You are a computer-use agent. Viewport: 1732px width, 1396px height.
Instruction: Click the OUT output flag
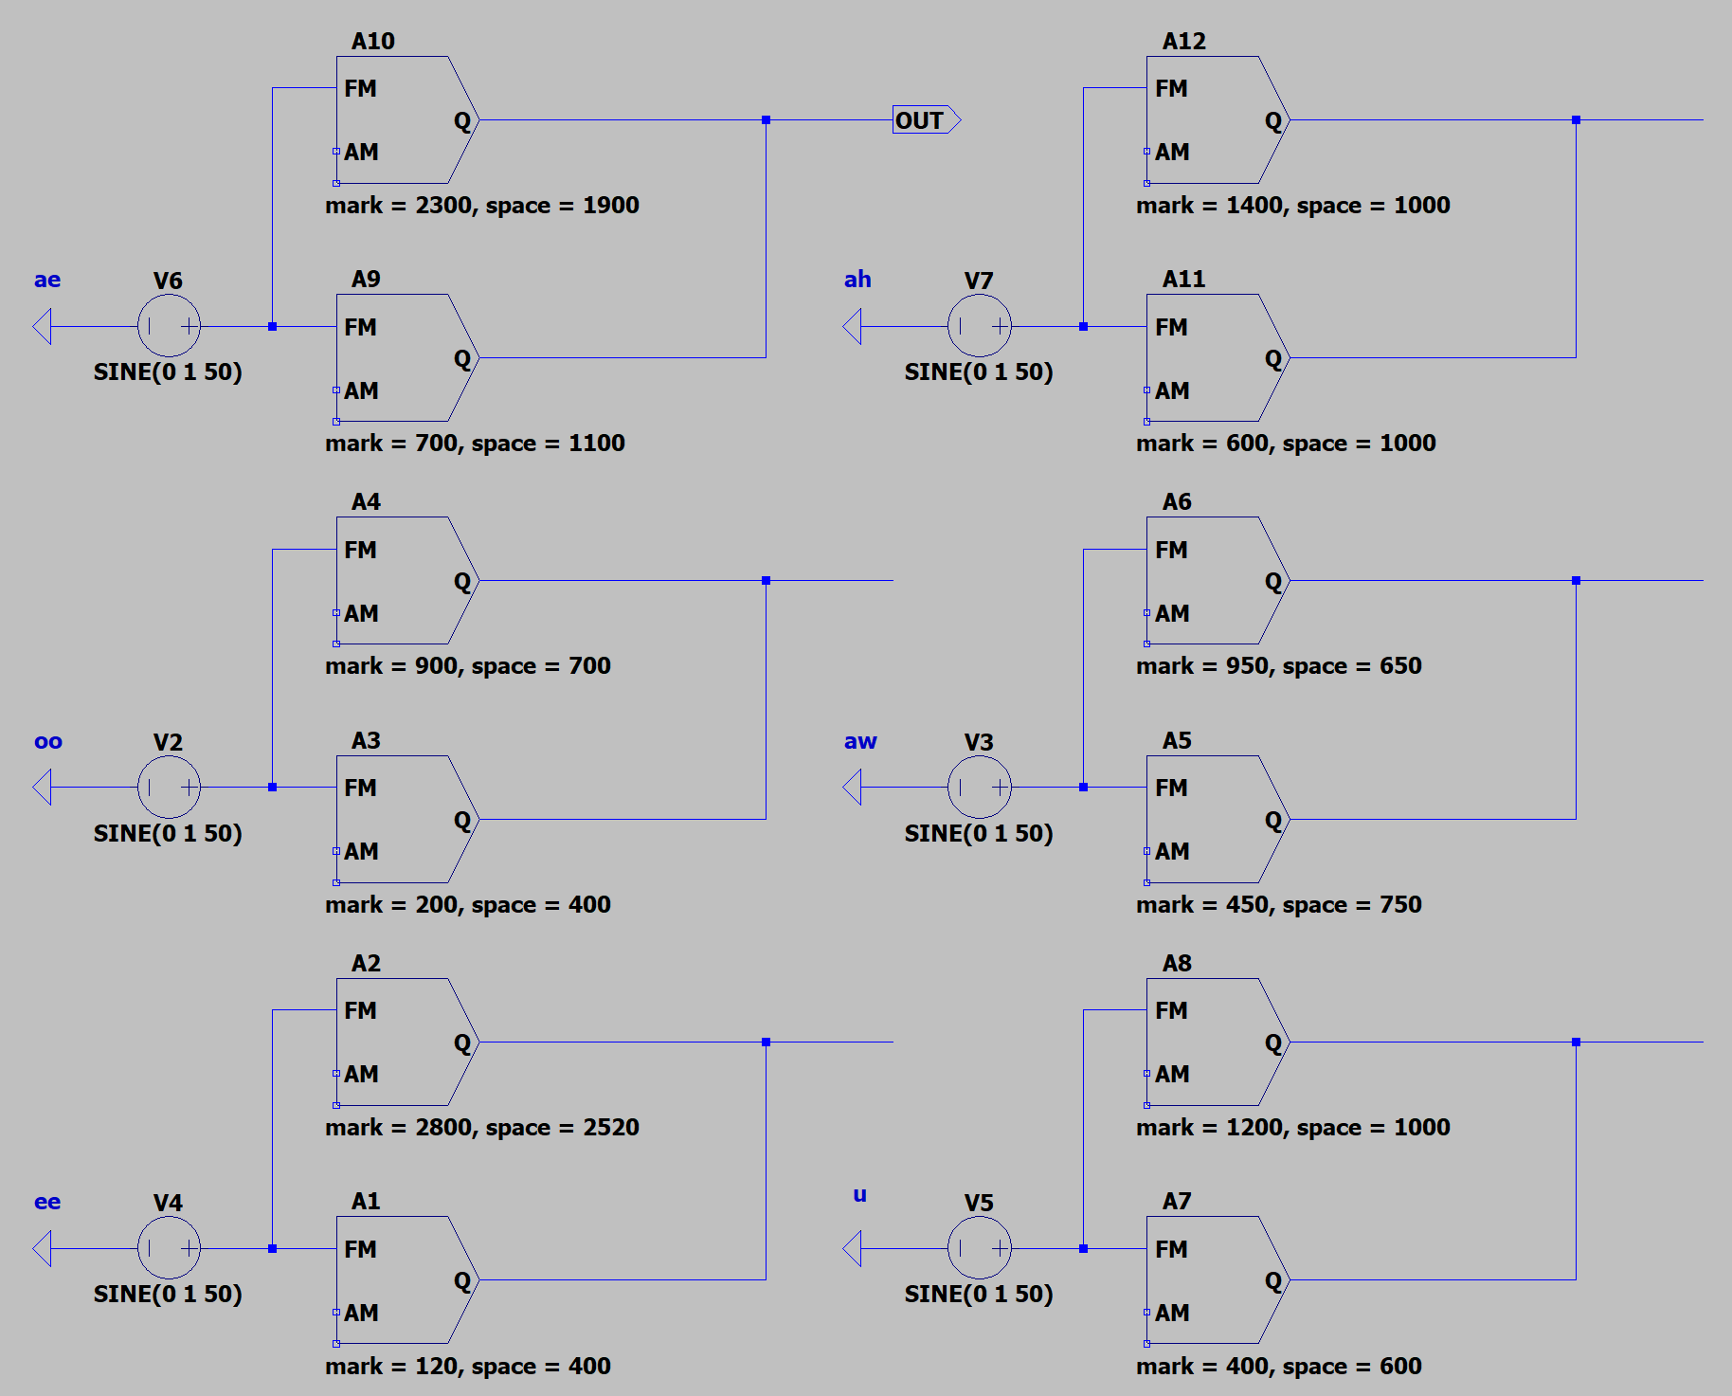(926, 120)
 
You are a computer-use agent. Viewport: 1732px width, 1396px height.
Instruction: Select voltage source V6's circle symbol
(169, 326)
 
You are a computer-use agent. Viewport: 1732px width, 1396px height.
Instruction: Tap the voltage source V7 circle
(980, 326)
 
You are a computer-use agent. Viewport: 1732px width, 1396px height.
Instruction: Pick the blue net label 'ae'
(47, 280)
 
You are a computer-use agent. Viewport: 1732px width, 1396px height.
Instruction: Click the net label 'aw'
(860, 741)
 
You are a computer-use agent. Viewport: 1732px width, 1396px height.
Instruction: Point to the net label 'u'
(859, 1194)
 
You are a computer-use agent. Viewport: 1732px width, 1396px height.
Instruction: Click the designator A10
(373, 41)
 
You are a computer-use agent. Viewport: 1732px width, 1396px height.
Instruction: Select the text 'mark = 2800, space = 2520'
(482, 1127)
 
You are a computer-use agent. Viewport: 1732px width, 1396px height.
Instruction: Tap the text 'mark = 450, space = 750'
(1279, 904)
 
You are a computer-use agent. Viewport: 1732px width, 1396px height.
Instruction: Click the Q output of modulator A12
(1273, 121)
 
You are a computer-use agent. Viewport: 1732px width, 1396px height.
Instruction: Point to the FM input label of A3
(360, 788)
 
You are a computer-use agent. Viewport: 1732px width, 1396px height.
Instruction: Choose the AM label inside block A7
(1172, 1313)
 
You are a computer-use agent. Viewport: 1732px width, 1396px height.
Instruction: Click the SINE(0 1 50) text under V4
(168, 1294)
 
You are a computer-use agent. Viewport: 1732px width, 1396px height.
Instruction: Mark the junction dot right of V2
(273, 788)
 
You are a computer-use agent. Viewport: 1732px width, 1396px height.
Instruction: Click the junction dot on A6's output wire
(1577, 581)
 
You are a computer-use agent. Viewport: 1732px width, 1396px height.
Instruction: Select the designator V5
(979, 1203)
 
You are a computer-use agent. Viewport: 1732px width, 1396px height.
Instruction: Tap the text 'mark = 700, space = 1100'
(475, 443)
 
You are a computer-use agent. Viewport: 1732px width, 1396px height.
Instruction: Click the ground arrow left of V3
(852, 788)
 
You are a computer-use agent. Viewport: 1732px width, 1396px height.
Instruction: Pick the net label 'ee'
(47, 1202)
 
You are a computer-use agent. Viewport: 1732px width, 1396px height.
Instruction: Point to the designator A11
(1184, 279)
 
